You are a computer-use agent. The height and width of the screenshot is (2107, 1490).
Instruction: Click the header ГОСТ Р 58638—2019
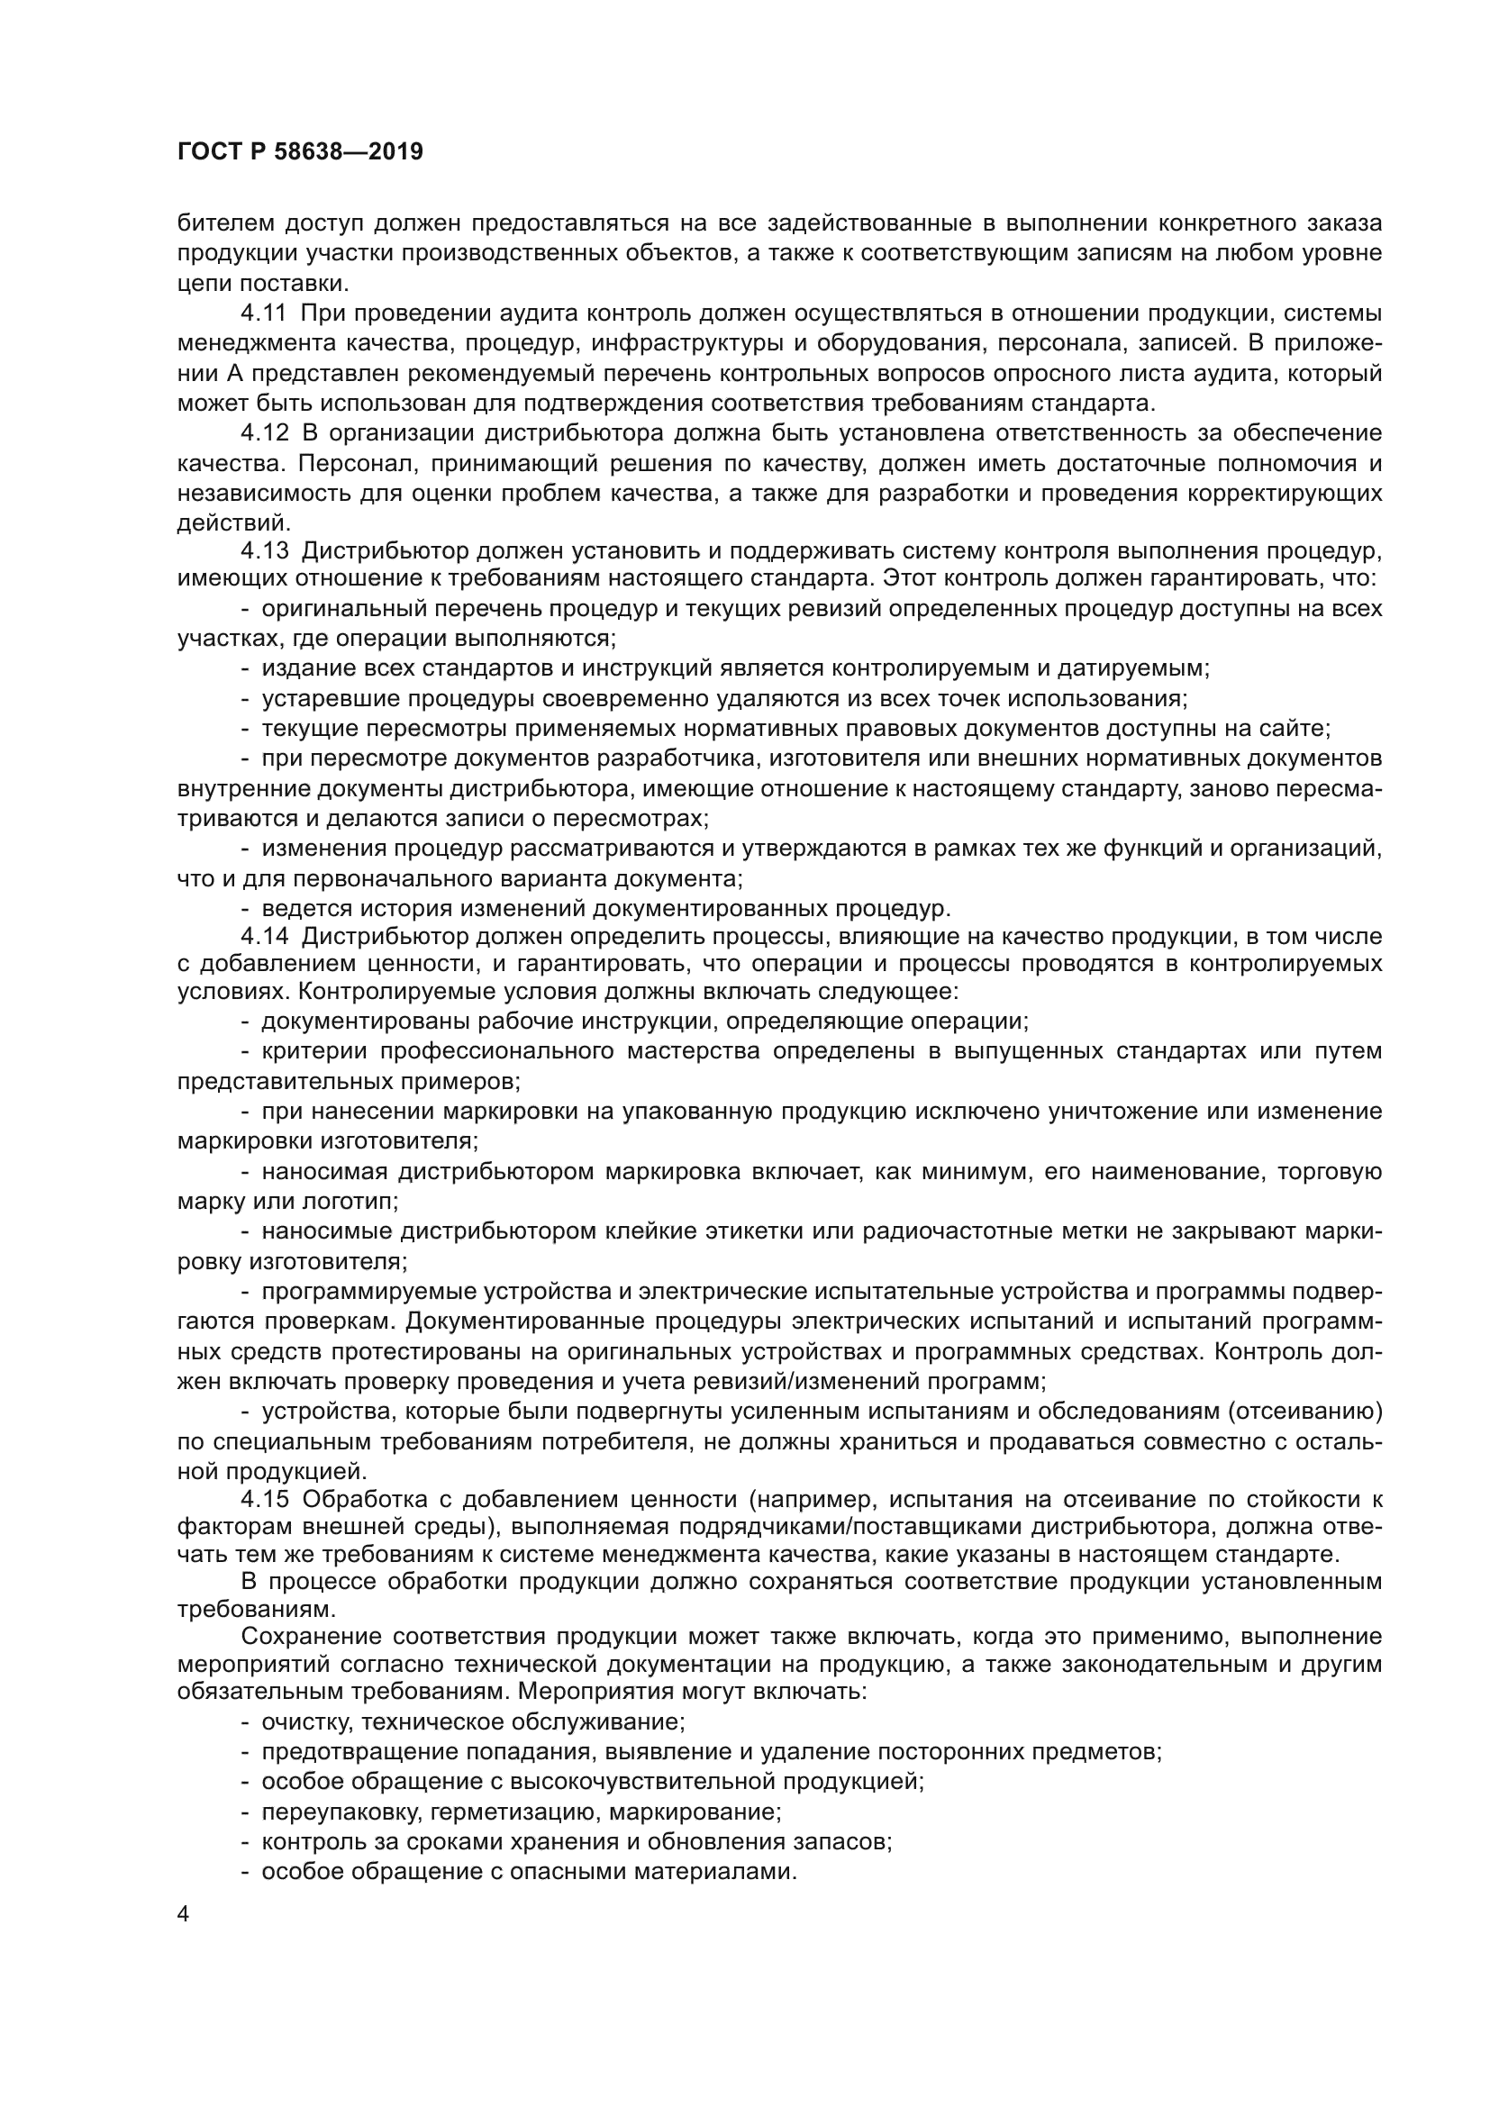tap(300, 152)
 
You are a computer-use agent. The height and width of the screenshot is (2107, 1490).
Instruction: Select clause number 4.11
tap(264, 313)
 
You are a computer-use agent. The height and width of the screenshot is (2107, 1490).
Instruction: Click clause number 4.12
tap(264, 433)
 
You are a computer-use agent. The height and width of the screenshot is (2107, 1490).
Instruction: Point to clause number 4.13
tap(264, 550)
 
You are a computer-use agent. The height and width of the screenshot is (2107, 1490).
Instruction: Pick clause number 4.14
tap(264, 937)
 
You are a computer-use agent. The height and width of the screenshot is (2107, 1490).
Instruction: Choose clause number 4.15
tap(264, 1500)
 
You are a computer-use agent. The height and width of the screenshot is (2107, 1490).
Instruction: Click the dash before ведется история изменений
tap(246, 910)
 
